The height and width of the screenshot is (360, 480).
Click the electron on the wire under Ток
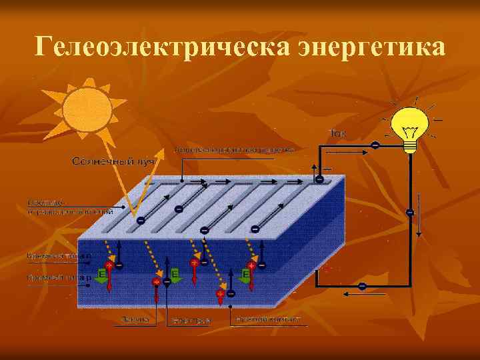click(x=375, y=145)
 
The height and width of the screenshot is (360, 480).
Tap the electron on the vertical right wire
click(x=409, y=212)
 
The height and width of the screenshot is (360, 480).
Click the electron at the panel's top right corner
click(x=320, y=179)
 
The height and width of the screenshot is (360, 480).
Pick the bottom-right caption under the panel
click(x=271, y=320)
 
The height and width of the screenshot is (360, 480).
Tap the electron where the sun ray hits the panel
click(x=140, y=220)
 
